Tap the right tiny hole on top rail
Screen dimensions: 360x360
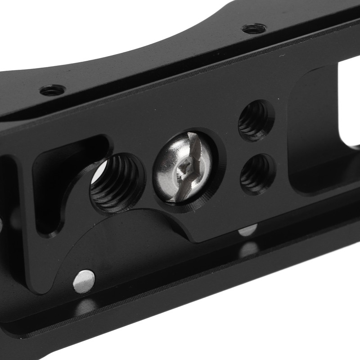pyautogui.click(x=253, y=29)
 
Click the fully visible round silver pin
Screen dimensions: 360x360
pyautogui.click(x=84, y=280)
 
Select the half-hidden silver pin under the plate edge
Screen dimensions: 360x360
pyautogui.click(x=247, y=230)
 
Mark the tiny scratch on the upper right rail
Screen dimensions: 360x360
pyautogui.click(x=282, y=56)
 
